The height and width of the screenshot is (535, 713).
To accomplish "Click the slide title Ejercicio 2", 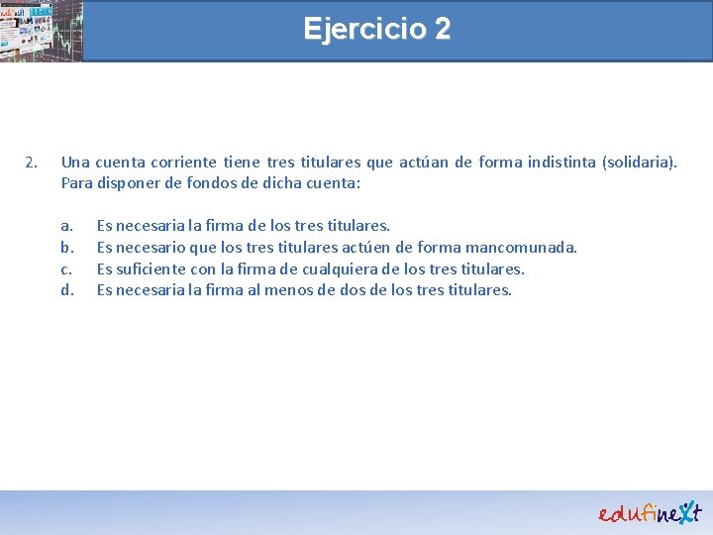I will tap(376, 29).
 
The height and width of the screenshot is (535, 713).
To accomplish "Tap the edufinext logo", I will tap(649, 511).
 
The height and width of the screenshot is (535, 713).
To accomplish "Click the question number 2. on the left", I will tap(32, 161).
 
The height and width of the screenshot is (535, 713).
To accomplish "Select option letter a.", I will tap(66, 226).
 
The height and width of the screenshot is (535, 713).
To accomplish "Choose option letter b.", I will tap(66, 247).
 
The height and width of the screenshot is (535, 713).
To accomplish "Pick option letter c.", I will tap(66, 268).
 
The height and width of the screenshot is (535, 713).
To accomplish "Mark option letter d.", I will tap(66, 289).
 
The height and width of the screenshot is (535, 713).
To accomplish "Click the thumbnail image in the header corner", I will tap(41, 31).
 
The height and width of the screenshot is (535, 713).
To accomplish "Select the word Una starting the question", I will tap(75, 161).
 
